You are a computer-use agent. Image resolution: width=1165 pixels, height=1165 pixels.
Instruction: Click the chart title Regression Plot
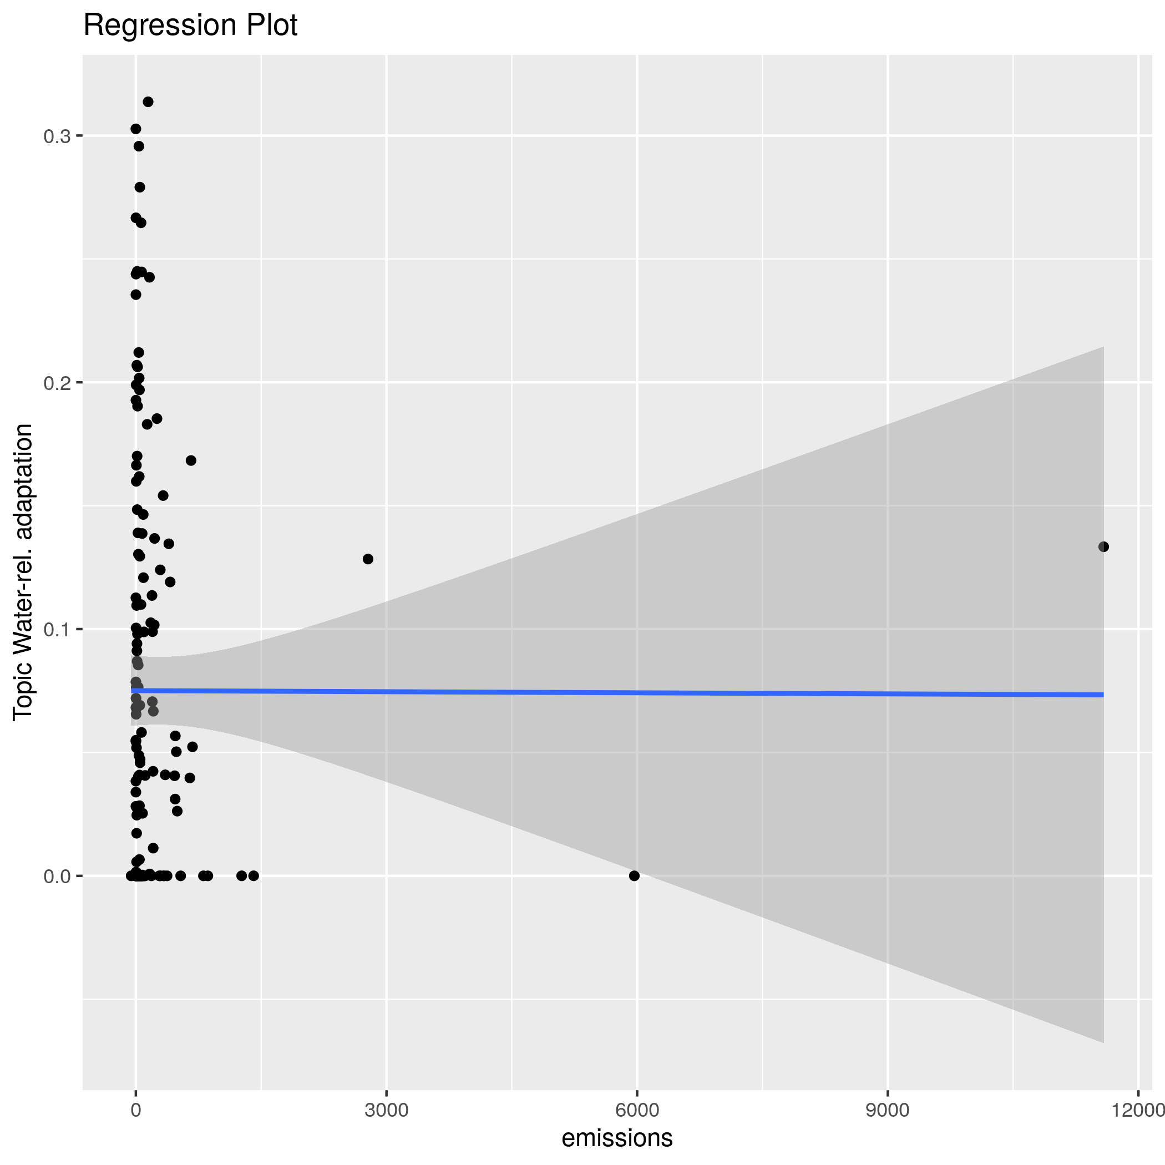pyautogui.click(x=190, y=26)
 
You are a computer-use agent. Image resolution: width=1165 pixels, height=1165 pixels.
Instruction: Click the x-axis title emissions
pyautogui.click(x=617, y=1138)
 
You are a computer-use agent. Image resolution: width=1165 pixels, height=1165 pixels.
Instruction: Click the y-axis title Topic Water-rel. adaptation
pyautogui.click(x=23, y=571)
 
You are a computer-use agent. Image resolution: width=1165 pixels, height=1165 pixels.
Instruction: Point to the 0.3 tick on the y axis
pyautogui.click(x=57, y=136)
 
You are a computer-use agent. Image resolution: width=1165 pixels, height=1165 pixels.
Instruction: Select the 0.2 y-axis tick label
pyautogui.click(x=57, y=383)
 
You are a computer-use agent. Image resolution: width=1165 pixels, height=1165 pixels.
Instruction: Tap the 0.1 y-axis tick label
pyautogui.click(x=57, y=630)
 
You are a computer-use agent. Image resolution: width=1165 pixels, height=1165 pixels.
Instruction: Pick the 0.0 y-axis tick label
pyautogui.click(x=57, y=876)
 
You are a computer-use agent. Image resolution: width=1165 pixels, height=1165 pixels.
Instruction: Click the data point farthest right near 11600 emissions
pyautogui.click(x=1103, y=547)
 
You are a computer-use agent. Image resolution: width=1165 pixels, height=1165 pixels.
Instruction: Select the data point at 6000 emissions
pyautogui.click(x=634, y=875)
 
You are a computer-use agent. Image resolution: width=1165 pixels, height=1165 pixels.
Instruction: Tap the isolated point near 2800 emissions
pyautogui.click(x=368, y=559)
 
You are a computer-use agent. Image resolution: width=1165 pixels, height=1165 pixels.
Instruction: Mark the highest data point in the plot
pyautogui.click(x=148, y=102)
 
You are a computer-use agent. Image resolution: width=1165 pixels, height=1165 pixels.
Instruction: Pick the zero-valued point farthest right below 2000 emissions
pyautogui.click(x=254, y=875)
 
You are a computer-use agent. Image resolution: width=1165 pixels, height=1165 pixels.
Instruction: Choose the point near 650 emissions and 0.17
pyautogui.click(x=190, y=460)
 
